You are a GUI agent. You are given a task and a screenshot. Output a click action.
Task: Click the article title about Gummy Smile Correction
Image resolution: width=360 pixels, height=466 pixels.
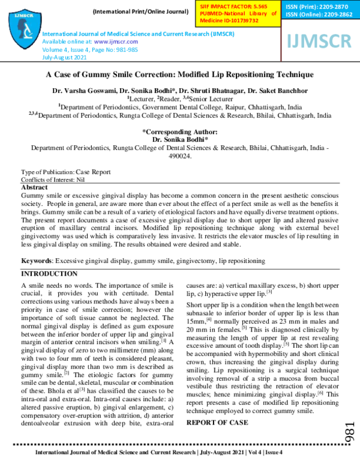(180, 74)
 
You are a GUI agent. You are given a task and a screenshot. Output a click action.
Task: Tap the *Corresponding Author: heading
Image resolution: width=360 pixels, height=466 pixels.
(180, 131)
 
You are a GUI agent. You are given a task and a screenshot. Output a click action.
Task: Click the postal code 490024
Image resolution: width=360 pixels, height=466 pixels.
(180, 156)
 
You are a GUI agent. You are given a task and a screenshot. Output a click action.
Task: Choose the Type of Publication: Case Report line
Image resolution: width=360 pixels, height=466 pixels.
(65, 171)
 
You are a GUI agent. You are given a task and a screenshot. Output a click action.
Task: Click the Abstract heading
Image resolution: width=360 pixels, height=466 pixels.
(35, 187)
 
